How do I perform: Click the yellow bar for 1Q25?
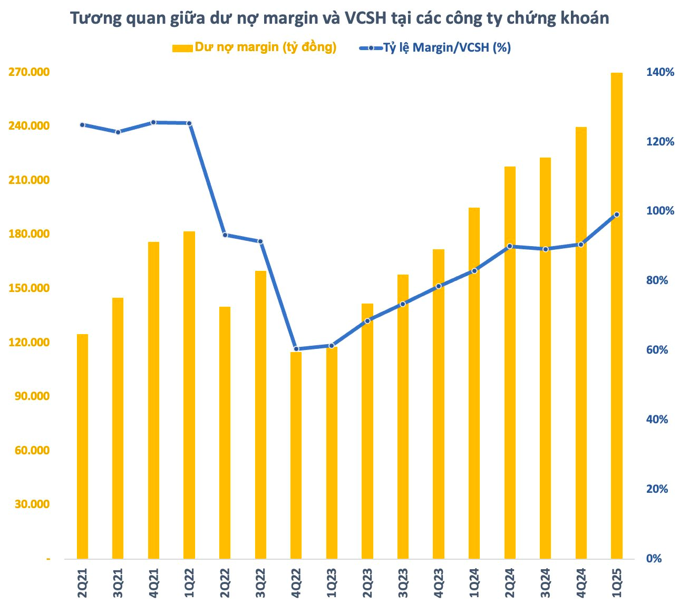coord(617,316)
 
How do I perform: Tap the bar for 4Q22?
coord(296,455)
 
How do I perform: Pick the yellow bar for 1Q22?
coord(189,395)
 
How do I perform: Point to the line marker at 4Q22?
coord(296,349)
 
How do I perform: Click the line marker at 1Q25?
coord(617,215)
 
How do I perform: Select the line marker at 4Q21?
coord(153,122)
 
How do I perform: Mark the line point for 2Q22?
coord(225,235)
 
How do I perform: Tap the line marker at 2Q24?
coord(510,246)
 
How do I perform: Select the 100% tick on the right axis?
coord(660,211)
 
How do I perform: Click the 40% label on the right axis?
coord(657,420)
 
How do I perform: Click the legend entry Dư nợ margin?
coord(255,47)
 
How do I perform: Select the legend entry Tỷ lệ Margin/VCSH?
coord(435,47)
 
